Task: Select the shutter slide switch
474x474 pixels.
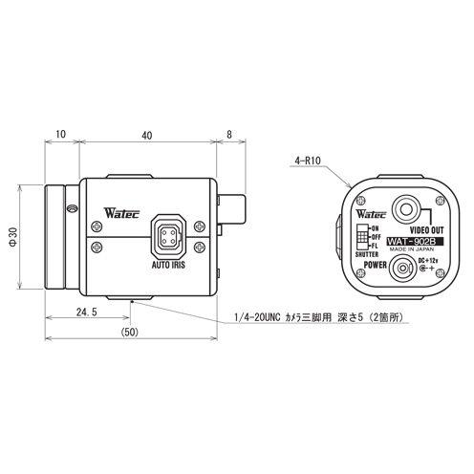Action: click(360, 237)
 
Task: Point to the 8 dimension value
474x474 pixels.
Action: click(230, 136)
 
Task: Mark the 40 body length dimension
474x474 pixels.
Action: click(145, 136)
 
